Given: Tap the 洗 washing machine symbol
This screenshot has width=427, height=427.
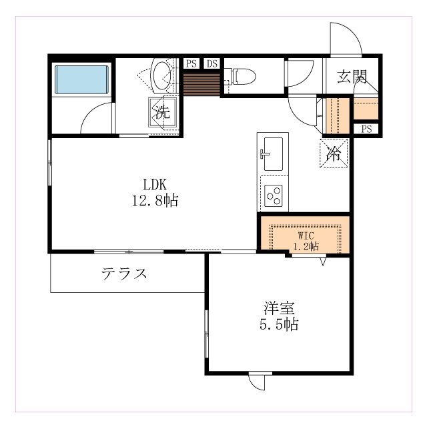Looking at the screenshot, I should pos(162,111).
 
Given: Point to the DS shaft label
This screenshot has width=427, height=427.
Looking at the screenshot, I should pos(211,64).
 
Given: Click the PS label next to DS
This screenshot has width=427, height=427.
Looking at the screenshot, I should pos(191,64).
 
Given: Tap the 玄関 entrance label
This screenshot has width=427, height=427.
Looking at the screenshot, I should pos(351,76).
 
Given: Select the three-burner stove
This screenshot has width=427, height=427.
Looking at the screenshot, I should pos(273,195).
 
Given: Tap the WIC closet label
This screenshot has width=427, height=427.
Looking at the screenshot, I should pos(306,236).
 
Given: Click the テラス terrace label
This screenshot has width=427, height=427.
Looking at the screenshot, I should pos(124,274).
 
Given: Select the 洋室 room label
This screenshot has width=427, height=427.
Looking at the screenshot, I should pos(280,309).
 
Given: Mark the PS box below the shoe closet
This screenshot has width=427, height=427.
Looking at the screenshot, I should pos(366,129).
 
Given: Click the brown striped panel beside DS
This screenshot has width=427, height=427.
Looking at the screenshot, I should pos(201,83).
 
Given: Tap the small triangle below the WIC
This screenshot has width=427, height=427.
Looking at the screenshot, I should pos(323,262).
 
